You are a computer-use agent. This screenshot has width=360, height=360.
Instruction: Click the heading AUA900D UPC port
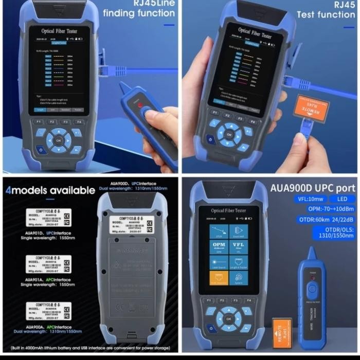313,188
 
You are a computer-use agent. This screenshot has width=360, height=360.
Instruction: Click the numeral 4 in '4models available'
8,190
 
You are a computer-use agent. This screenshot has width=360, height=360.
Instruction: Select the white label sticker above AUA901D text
49,217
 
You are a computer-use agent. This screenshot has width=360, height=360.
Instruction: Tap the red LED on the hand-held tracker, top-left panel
140,104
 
